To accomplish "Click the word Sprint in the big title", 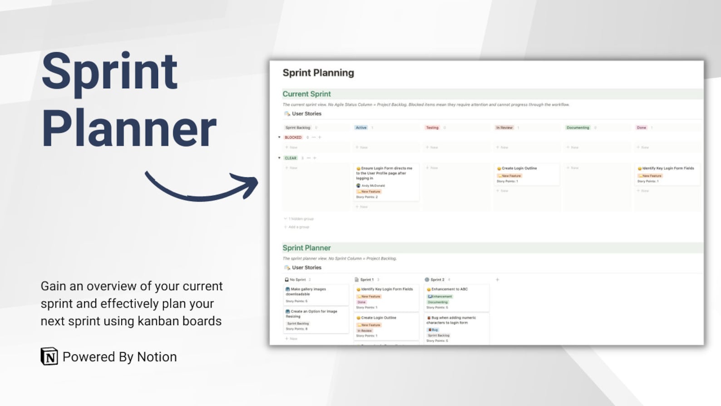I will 109,72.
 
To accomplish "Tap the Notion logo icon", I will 49,356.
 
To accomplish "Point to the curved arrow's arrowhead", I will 249,184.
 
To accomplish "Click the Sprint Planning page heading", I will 318,73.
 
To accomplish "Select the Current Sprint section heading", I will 306,94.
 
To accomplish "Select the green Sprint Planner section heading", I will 306,248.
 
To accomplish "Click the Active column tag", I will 361,128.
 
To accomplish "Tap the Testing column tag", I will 432,128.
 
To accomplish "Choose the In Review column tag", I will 504,128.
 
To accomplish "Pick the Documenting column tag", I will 578,128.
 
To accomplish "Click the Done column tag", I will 641,128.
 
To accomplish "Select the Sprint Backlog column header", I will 298,128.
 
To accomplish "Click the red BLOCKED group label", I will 293,137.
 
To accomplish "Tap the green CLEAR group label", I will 291,158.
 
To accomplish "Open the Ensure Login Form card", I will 386,173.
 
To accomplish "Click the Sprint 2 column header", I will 437,280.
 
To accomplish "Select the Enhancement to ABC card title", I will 449,289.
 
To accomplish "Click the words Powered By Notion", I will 119,357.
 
